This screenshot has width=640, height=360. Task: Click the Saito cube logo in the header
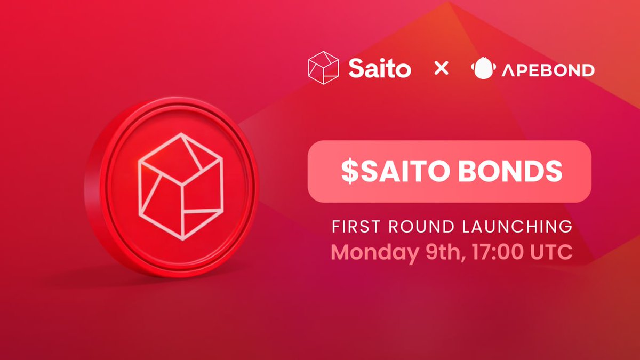click(323, 68)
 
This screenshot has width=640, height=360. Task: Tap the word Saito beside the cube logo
click(380, 69)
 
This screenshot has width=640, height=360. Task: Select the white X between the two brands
click(441, 69)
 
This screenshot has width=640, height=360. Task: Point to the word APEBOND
click(548, 69)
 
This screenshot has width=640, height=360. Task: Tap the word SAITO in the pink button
click(405, 171)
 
